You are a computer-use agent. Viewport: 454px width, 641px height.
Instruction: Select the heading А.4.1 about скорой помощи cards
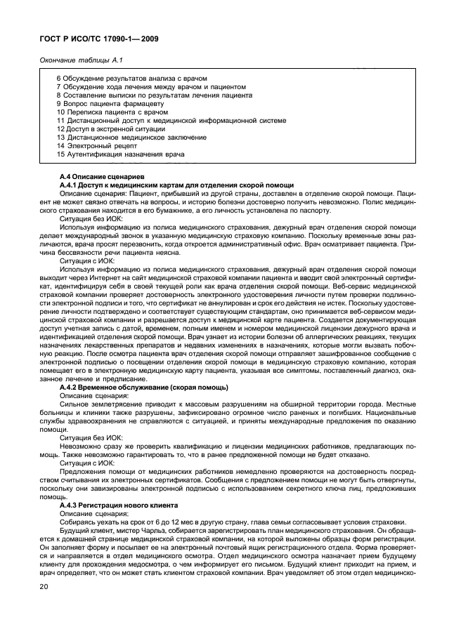tap(176, 184)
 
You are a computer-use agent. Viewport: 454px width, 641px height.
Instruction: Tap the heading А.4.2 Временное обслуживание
tap(143, 387)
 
